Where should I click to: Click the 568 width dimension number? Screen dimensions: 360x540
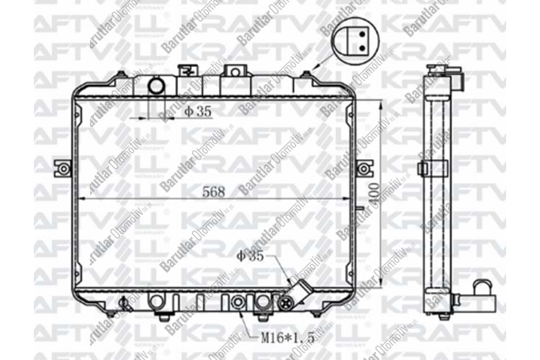point(214,192)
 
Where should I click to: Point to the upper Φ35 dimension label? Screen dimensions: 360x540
point(197,111)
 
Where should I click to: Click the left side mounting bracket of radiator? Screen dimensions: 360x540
point(64,169)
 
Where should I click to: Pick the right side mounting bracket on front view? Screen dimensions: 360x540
point(366,169)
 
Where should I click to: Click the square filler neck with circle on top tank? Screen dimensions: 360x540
point(235,72)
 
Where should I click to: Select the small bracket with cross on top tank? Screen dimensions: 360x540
point(188,71)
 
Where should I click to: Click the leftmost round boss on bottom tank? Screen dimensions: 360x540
point(153,302)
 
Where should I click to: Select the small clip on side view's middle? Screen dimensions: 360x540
point(424,168)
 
